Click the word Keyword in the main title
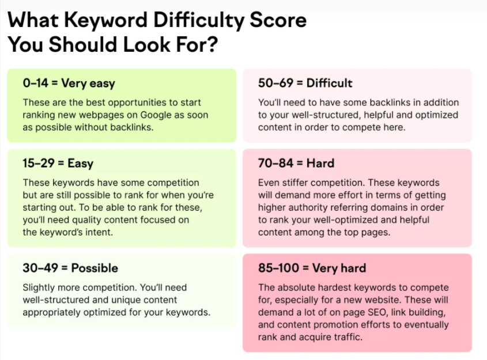coord(105,21)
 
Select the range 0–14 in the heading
coord(35,83)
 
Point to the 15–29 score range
coord(39,163)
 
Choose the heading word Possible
coord(95,268)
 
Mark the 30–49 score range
coord(40,268)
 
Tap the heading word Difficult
coord(329,83)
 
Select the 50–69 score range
coord(275,83)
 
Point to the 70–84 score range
coord(275,163)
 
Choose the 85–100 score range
coord(278,268)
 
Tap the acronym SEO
coord(377,312)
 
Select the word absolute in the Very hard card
coord(295,287)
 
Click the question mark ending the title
coord(212,44)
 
